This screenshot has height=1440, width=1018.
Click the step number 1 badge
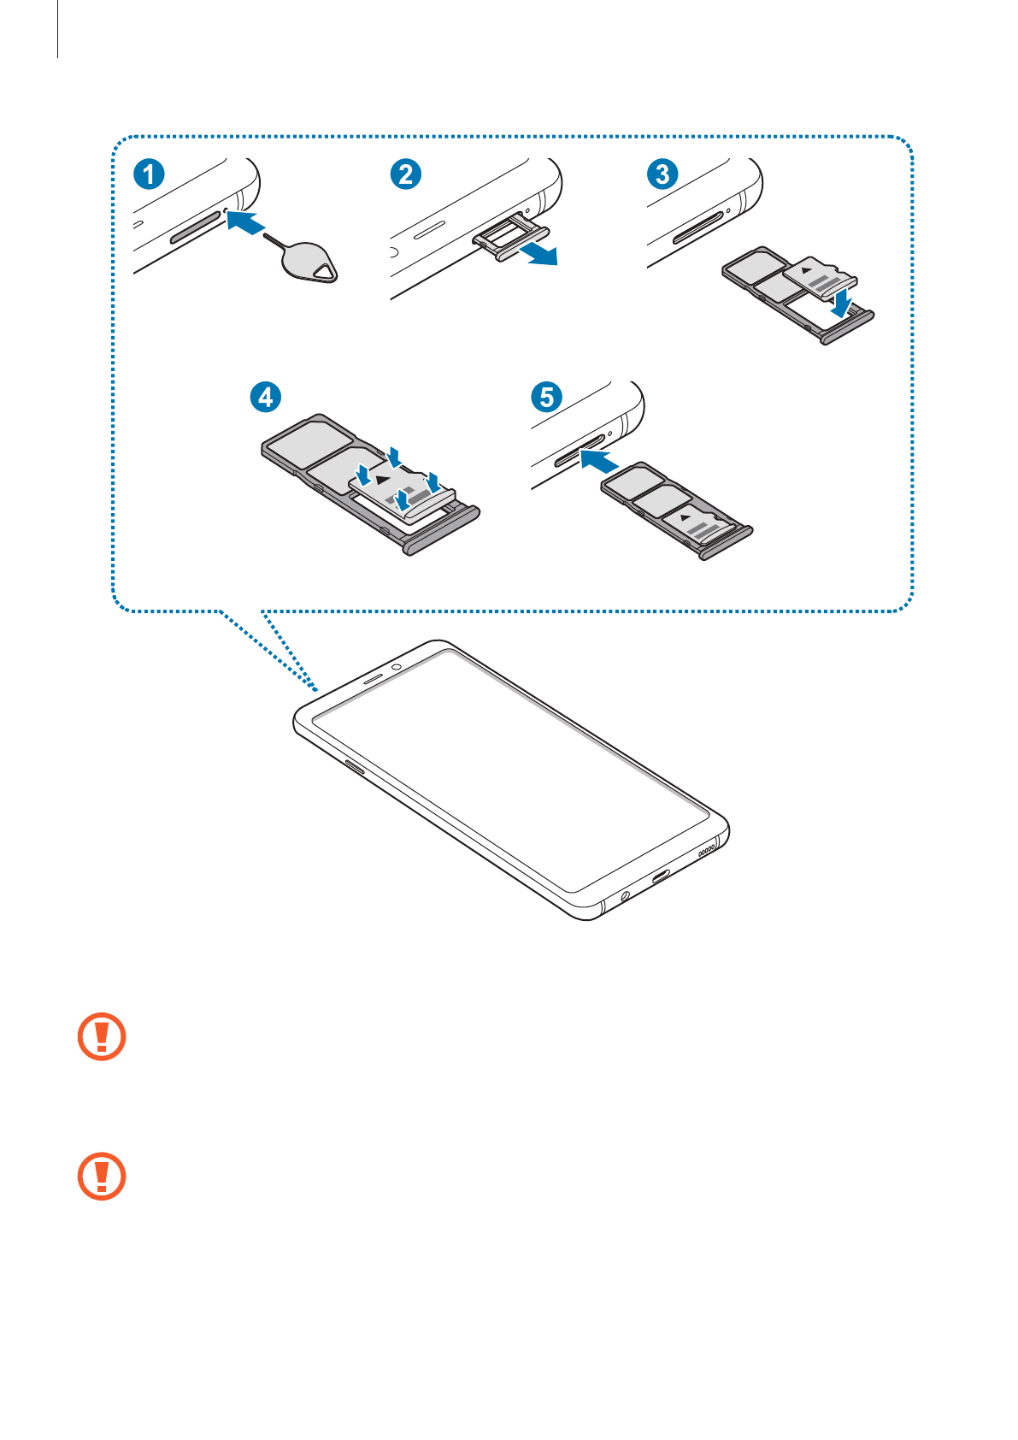(149, 174)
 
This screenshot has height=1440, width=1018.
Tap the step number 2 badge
(405, 174)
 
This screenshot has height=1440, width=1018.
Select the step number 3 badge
(662, 174)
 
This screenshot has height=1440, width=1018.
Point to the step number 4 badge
(266, 397)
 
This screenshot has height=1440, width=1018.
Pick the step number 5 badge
(547, 397)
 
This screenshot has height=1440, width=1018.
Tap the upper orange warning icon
(102, 1036)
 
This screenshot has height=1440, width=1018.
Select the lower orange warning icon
(102, 1176)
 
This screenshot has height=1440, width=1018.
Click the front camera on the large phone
(397, 667)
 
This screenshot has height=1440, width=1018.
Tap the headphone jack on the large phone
(625, 895)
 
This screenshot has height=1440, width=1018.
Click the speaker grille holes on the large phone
(707, 851)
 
